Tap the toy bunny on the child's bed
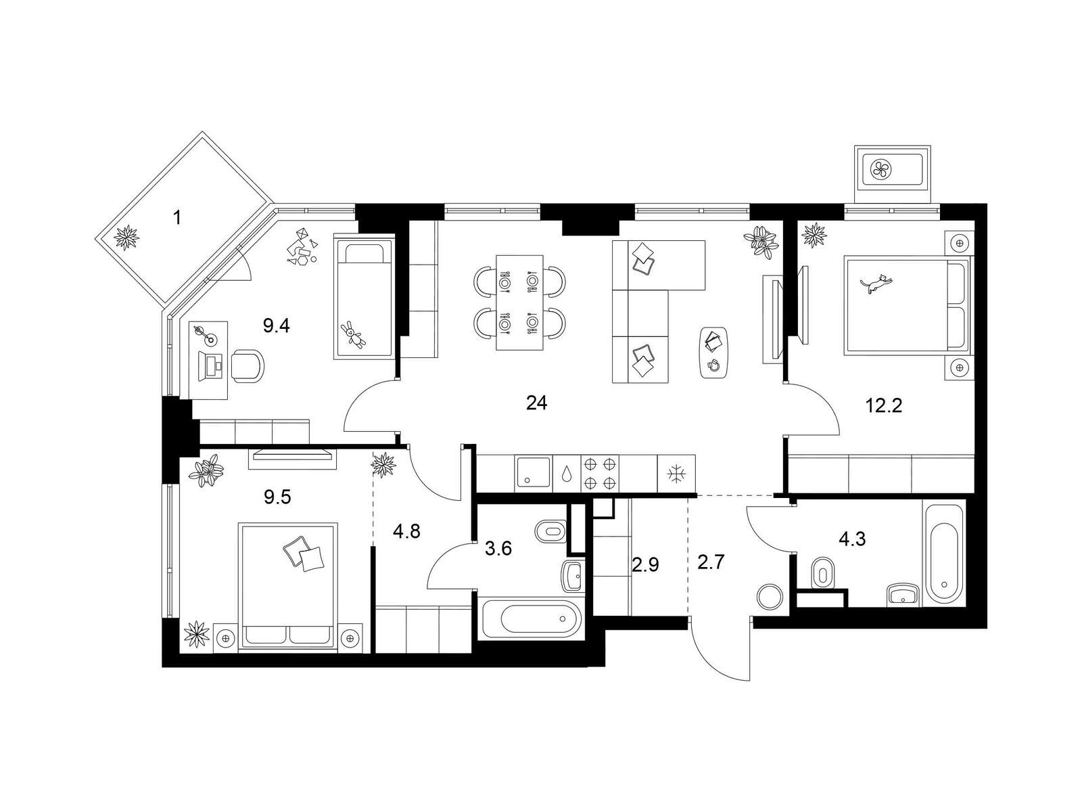pyautogui.click(x=353, y=334)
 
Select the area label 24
pyautogui.click(x=536, y=403)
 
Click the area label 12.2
pyautogui.click(x=884, y=405)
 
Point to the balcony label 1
pyautogui.click(x=177, y=217)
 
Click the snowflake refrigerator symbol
pyautogui.click(x=676, y=474)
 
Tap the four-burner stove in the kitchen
pyautogui.click(x=600, y=473)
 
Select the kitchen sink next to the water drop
pyautogui.click(x=532, y=473)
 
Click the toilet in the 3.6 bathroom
pyautogui.click(x=552, y=531)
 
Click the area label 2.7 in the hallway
pyautogui.click(x=710, y=562)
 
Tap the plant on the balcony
pyautogui.click(x=127, y=237)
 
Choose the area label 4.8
pyautogui.click(x=406, y=531)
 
